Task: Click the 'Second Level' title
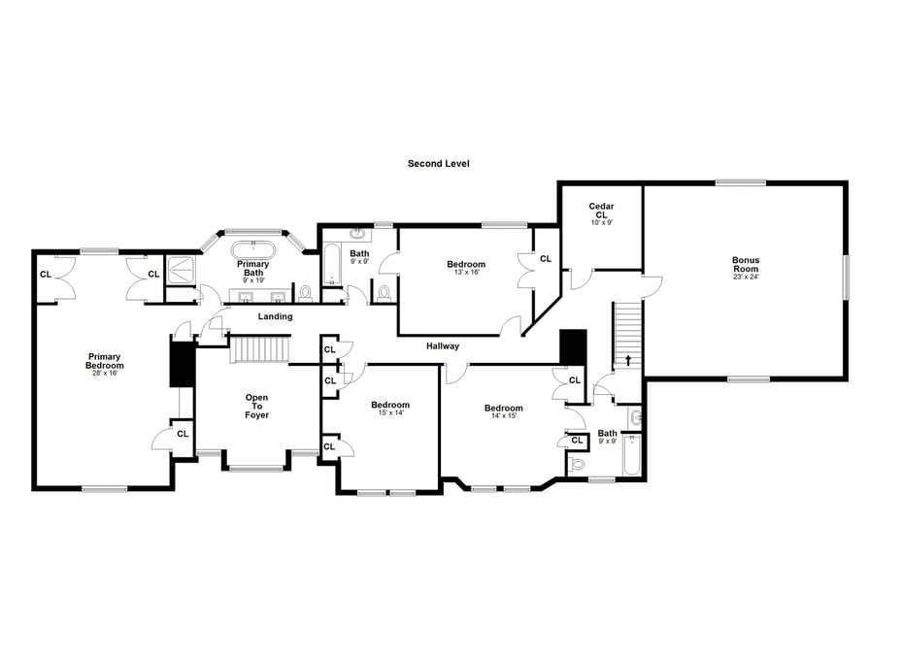click(x=438, y=163)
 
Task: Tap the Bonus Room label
click(x=746, y=264)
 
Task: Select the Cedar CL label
click(x=601, y=210)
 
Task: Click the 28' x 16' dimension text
click(x=104, y=373)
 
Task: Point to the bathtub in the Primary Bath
click(x=253, y=250)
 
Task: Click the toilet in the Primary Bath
click(x=305, y=292)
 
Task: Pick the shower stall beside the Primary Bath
click(x=181, y=270)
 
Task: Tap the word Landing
click(x=276, y=316)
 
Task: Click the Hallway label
click(x=443, y=345)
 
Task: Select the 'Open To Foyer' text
click(x=257, y=407)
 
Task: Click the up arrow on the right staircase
click(x=627, y=360)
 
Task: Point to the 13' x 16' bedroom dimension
click(x=466, y=272)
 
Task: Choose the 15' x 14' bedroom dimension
click(x=390, y=412)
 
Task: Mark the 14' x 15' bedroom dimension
click(x=503, y=415)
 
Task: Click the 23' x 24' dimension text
click(x=746, y=277)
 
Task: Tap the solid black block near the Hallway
click(x=573, y=347)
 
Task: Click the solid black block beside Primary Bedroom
click(x=183, y=364)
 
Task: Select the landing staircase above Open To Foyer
click(x=259, y=350)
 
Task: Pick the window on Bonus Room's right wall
click(x=846, y=277)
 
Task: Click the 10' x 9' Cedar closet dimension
click(x=601, y=222)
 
